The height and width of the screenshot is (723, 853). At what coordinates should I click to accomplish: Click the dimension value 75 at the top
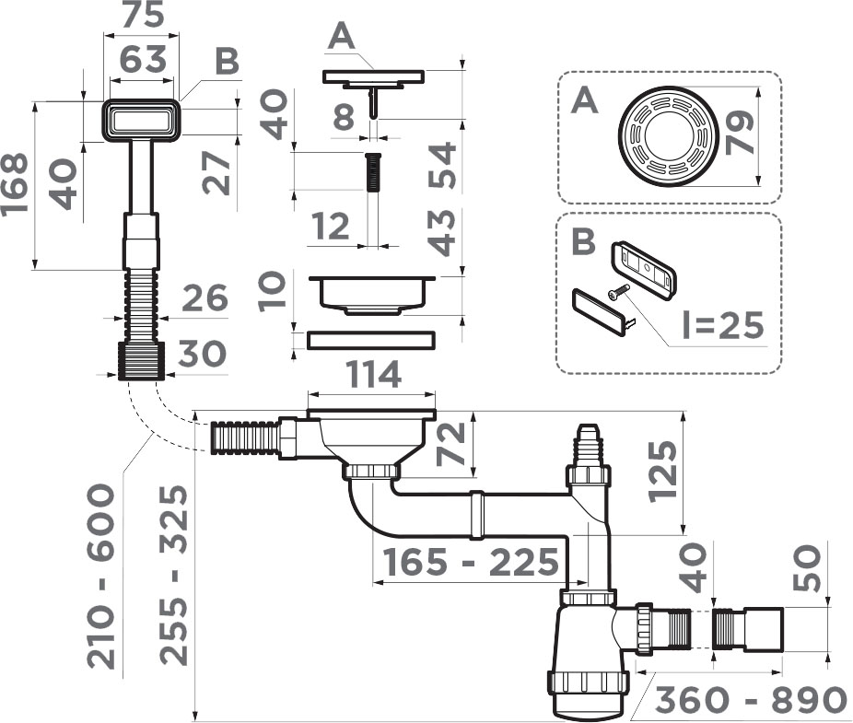tap(142, 15)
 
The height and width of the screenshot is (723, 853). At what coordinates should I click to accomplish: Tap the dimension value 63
tap(143, 59)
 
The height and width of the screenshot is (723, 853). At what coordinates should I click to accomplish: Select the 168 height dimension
tap(14, 185)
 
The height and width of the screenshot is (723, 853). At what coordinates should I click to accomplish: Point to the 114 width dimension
tap(373, 375)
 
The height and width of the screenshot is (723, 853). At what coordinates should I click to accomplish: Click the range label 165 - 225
tap(471, 562)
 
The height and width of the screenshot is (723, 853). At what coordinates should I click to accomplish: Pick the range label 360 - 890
tap(751, 700)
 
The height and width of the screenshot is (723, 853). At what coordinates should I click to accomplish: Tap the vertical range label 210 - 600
tap(101, 577)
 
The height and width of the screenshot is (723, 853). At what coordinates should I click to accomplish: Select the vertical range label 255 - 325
tap(173, 575)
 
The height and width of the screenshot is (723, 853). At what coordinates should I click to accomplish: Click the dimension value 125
tap(663, 471)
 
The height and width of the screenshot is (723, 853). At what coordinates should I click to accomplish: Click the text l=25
tap(722, 325)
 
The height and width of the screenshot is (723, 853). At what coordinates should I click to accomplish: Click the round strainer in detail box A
tap(669, 136)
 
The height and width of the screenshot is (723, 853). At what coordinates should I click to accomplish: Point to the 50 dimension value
tap(806, 568)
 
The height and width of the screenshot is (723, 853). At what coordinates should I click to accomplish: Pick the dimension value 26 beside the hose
tap(204, 297)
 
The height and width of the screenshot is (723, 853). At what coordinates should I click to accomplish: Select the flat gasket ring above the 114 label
tap(371, 340)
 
